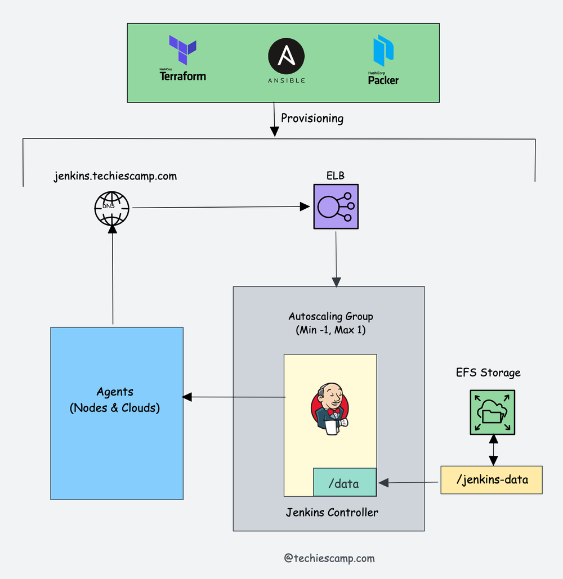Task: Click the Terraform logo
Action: pos(182,58)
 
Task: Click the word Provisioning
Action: pos(312,118)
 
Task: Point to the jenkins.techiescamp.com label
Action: pos(115,176)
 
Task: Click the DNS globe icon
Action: pos(111,208)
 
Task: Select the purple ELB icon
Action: pos(336,207)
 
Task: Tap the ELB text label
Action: pos(335,176)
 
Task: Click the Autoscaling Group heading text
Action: pos(330,316)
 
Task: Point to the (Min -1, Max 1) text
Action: pos(330,330)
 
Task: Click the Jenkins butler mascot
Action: pos(330,409)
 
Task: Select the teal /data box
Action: pos(344,482)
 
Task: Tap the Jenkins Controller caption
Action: pos(332,512)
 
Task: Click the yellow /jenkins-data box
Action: pos(491,480)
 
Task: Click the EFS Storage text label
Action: pos(488,372)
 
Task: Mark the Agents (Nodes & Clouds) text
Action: pos(115,400)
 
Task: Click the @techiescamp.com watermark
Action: pos(329,558)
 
